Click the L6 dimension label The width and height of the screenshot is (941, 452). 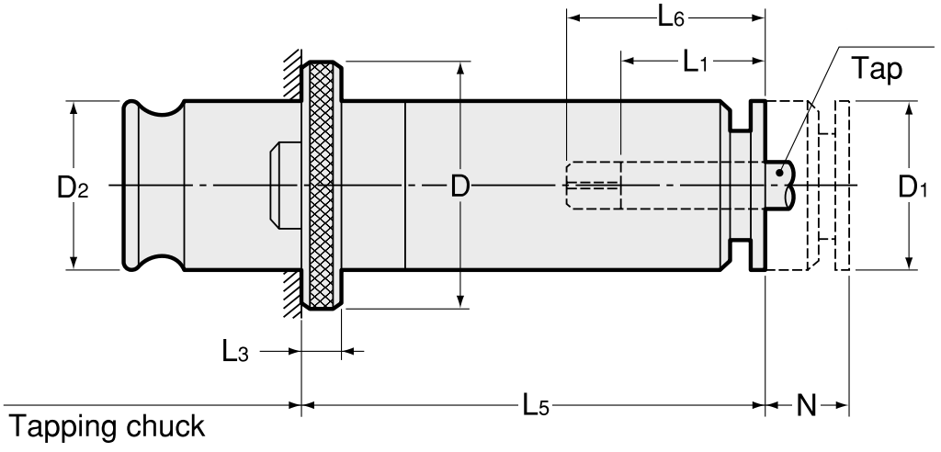671,17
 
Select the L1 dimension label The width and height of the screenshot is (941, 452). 696,62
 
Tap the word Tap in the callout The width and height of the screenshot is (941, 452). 878,70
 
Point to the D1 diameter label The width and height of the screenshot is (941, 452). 913,188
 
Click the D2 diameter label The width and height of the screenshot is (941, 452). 73,188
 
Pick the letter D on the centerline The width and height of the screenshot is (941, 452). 459,188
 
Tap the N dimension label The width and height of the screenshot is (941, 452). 807,406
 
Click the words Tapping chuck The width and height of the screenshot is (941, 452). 107,427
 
